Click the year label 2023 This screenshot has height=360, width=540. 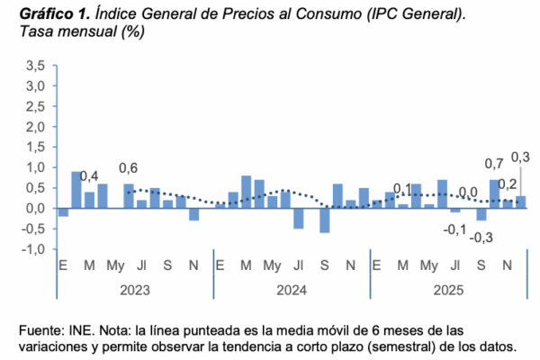click(x=134, y=290)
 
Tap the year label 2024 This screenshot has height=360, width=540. click(x=292, y=290)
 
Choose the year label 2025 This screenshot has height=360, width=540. click(x=448, y=290)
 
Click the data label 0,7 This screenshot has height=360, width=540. click(x=494, y=165)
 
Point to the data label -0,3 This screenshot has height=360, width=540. click(x=481, y=238)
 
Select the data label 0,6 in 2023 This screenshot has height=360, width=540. click(x=129, y=168)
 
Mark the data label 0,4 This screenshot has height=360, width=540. click(x=89, y=176)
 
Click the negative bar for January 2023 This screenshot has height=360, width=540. click(x=63, y=212)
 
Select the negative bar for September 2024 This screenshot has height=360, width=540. click(x=324, y=220)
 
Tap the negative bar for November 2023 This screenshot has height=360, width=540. click(x=193, y=214)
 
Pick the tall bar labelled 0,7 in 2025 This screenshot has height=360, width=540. click(x=494, y=193)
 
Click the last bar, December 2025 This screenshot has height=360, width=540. click(x=520, y=202)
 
